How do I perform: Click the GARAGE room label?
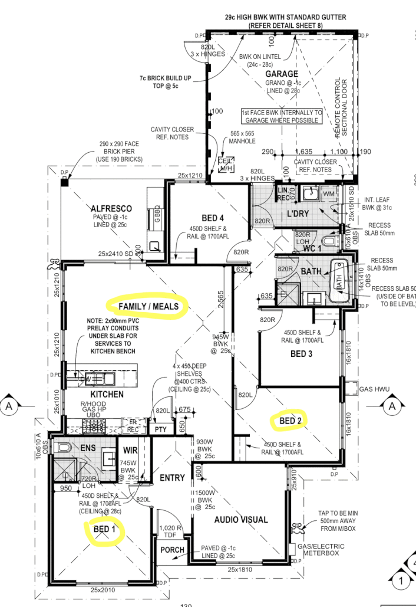[x=282, y=74]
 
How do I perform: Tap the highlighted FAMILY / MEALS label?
[x=148, y=306]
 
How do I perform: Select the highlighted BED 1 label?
[x=104, y=530]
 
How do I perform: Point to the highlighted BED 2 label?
[x=290, y=421]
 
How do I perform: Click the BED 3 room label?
[x=302, y=354]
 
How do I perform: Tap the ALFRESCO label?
[x=111, y=208]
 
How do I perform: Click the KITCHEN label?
[x=107, y=394]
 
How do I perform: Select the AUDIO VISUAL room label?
[x=241, y=520]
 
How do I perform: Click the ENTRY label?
[x=172, y=477]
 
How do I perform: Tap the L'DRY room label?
[x=299, y=212]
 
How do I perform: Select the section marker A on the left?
[x=9, y=406]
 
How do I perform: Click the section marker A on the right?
[x=392, y=406]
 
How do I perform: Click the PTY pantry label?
[x=160, y=429]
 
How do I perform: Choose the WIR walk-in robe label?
[x=130, y=451]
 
